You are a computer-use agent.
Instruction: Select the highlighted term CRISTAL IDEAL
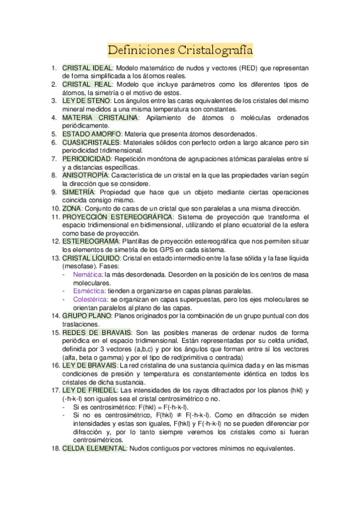87,68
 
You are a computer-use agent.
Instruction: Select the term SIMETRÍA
78,191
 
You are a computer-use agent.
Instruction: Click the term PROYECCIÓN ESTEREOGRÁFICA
118,216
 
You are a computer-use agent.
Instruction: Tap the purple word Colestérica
90,299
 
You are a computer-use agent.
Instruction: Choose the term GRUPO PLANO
87,315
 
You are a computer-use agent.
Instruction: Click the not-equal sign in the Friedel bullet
178,415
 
